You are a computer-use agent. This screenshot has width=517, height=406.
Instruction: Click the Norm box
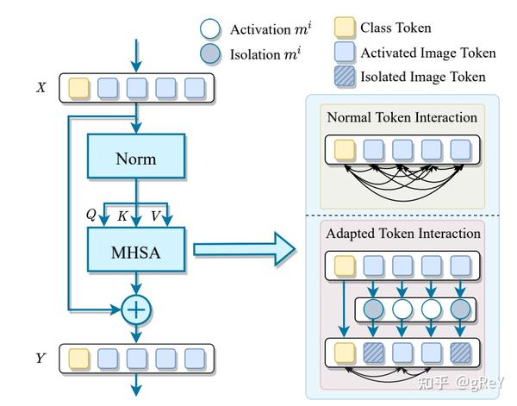pos(134,158)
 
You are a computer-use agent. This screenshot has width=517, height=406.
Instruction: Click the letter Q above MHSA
pos(91,215)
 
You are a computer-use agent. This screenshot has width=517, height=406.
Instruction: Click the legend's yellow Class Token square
pos(343,28)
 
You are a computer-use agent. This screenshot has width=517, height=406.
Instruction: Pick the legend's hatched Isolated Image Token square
pos(343,77)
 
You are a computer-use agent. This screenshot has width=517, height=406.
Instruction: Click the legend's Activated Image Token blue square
pos(343,53)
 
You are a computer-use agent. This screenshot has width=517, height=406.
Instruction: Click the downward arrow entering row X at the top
pos(134,57)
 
